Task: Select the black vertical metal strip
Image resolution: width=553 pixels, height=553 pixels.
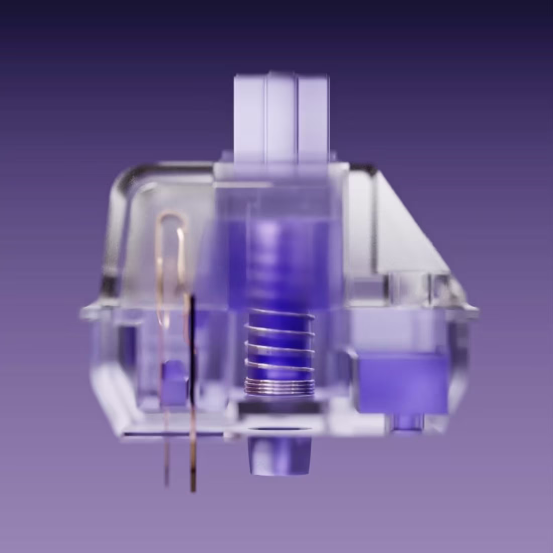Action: point(193,347)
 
